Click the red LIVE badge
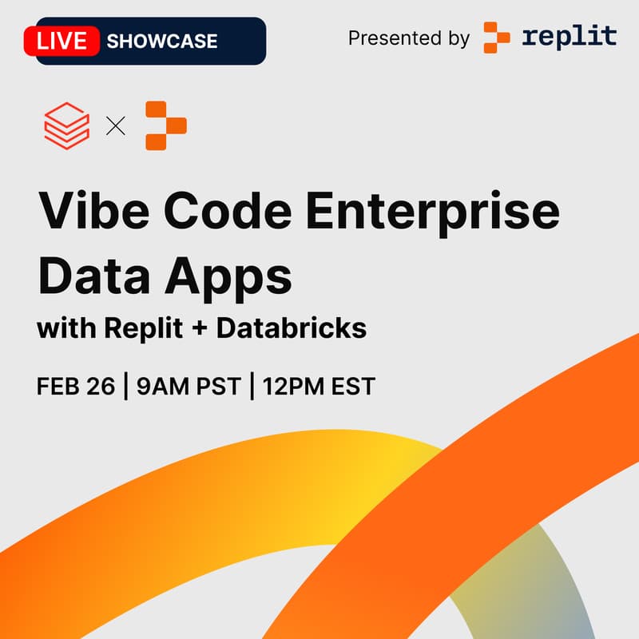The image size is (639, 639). tap(62, 40)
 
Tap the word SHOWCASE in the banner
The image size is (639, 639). tap(161, 41)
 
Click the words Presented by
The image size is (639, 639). tap(409, 38)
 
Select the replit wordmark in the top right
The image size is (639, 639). tap(570, 36)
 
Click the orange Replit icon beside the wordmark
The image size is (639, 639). tap(497, 38)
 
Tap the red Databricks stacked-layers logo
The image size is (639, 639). tap(66, 125)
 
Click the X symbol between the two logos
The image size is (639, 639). tap(116, 125)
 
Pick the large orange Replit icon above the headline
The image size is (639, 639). tap(166, 125)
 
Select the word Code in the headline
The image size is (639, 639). tap(224, 212)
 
